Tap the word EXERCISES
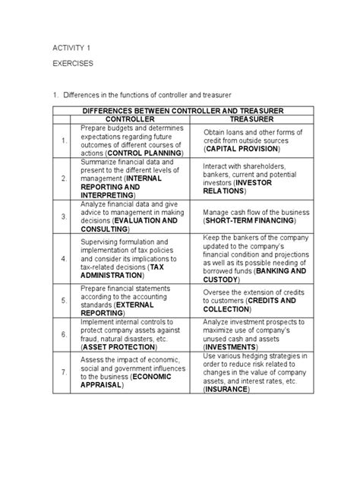coord(73,65)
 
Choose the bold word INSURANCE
coord(232,390)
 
